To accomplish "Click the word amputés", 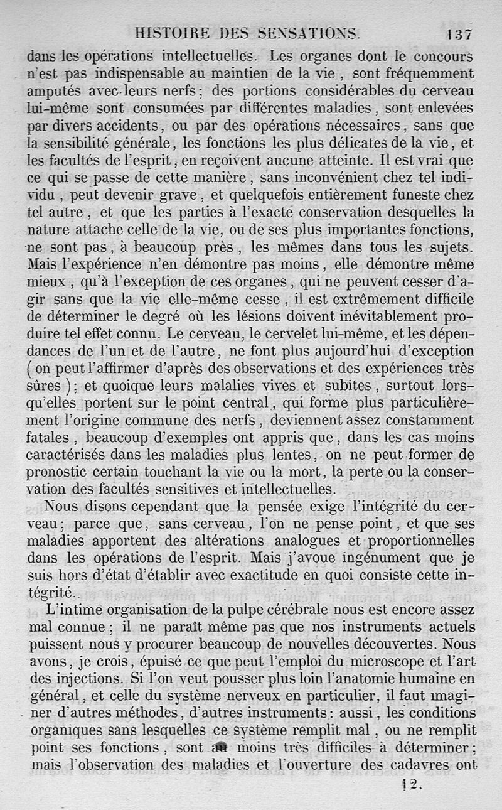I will [x=54, y=91].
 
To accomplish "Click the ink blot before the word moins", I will [x=219, y=748].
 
